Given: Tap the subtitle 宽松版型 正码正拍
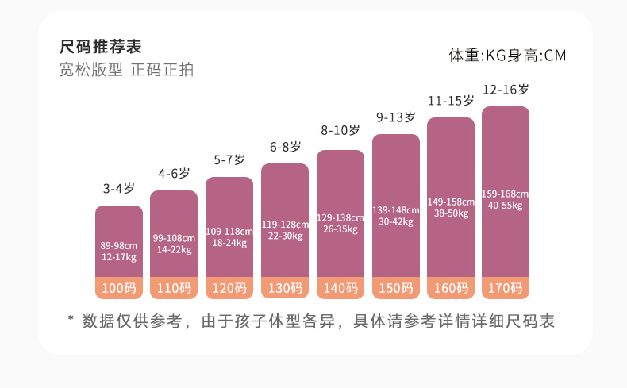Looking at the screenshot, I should point(126,69).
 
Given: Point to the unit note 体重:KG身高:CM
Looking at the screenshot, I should point(507,56).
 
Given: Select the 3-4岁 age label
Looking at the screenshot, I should point(118,189).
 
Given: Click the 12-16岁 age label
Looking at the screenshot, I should point(506,90).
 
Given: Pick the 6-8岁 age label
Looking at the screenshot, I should point(285,147).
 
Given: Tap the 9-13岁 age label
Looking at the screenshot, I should point(395,117).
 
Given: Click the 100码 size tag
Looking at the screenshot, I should point(119,288).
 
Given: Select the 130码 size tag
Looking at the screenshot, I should point(285,288).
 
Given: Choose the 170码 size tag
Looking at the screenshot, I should point(506,288).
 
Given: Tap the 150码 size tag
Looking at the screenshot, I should point(395,288).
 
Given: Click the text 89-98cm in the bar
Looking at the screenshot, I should point(118,245).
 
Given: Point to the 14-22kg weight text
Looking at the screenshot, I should point(174,249).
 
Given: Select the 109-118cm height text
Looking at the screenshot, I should point(229,232).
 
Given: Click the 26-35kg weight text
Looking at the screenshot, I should point(340,229).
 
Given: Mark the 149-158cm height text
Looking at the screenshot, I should point(451,202).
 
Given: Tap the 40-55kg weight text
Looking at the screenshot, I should point(506,206).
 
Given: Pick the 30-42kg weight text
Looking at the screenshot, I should point(395,221).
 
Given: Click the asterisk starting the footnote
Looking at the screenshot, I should point(70,320).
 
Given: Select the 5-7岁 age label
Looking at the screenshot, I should point(229,160).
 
